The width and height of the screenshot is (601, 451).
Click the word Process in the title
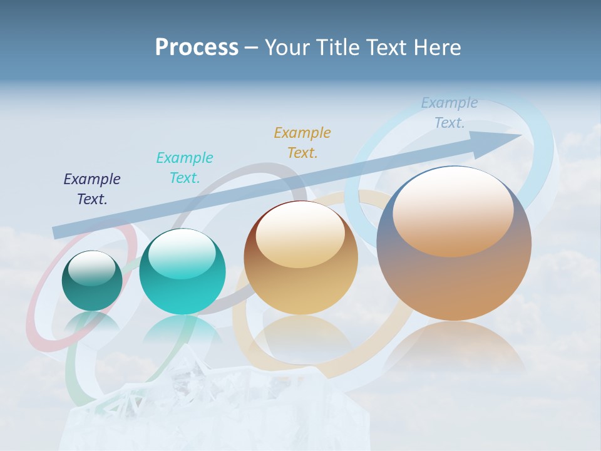tap(197, 47)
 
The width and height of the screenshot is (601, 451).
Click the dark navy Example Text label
tap(92, 189)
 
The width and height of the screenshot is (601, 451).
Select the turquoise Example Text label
tap(185, 168)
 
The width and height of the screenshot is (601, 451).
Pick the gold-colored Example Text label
tap(302, 143)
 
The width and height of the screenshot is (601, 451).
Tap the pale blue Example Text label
tap(449, 113)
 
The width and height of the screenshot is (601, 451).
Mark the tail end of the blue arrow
tap(58, 232)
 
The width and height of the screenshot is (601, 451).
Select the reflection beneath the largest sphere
tap(454, 345)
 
